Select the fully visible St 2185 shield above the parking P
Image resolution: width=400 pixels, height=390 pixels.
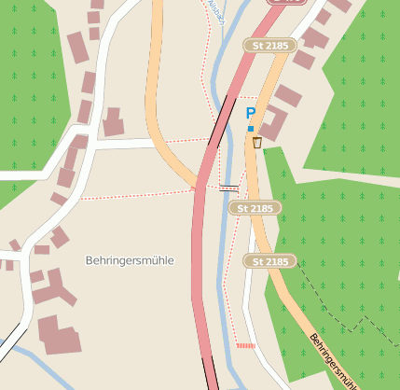tap(269, 45)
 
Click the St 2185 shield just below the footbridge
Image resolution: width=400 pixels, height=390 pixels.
tap(255, 208)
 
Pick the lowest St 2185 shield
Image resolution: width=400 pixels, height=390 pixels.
tap(269, 261)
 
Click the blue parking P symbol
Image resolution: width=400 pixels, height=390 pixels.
tap(250, 113)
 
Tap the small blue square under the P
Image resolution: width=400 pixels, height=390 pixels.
tap(250, 129)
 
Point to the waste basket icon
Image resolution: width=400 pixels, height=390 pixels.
tap(257, 143)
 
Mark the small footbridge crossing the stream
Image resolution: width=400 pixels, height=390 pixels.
tap(228, 188)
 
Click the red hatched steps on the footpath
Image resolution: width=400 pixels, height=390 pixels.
tap(245, 345)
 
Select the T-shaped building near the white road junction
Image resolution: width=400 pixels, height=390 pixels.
tap(114, 122)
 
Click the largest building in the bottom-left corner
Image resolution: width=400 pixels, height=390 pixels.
tap(58, 337)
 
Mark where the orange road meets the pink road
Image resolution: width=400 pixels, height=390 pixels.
tap(198, 185)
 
